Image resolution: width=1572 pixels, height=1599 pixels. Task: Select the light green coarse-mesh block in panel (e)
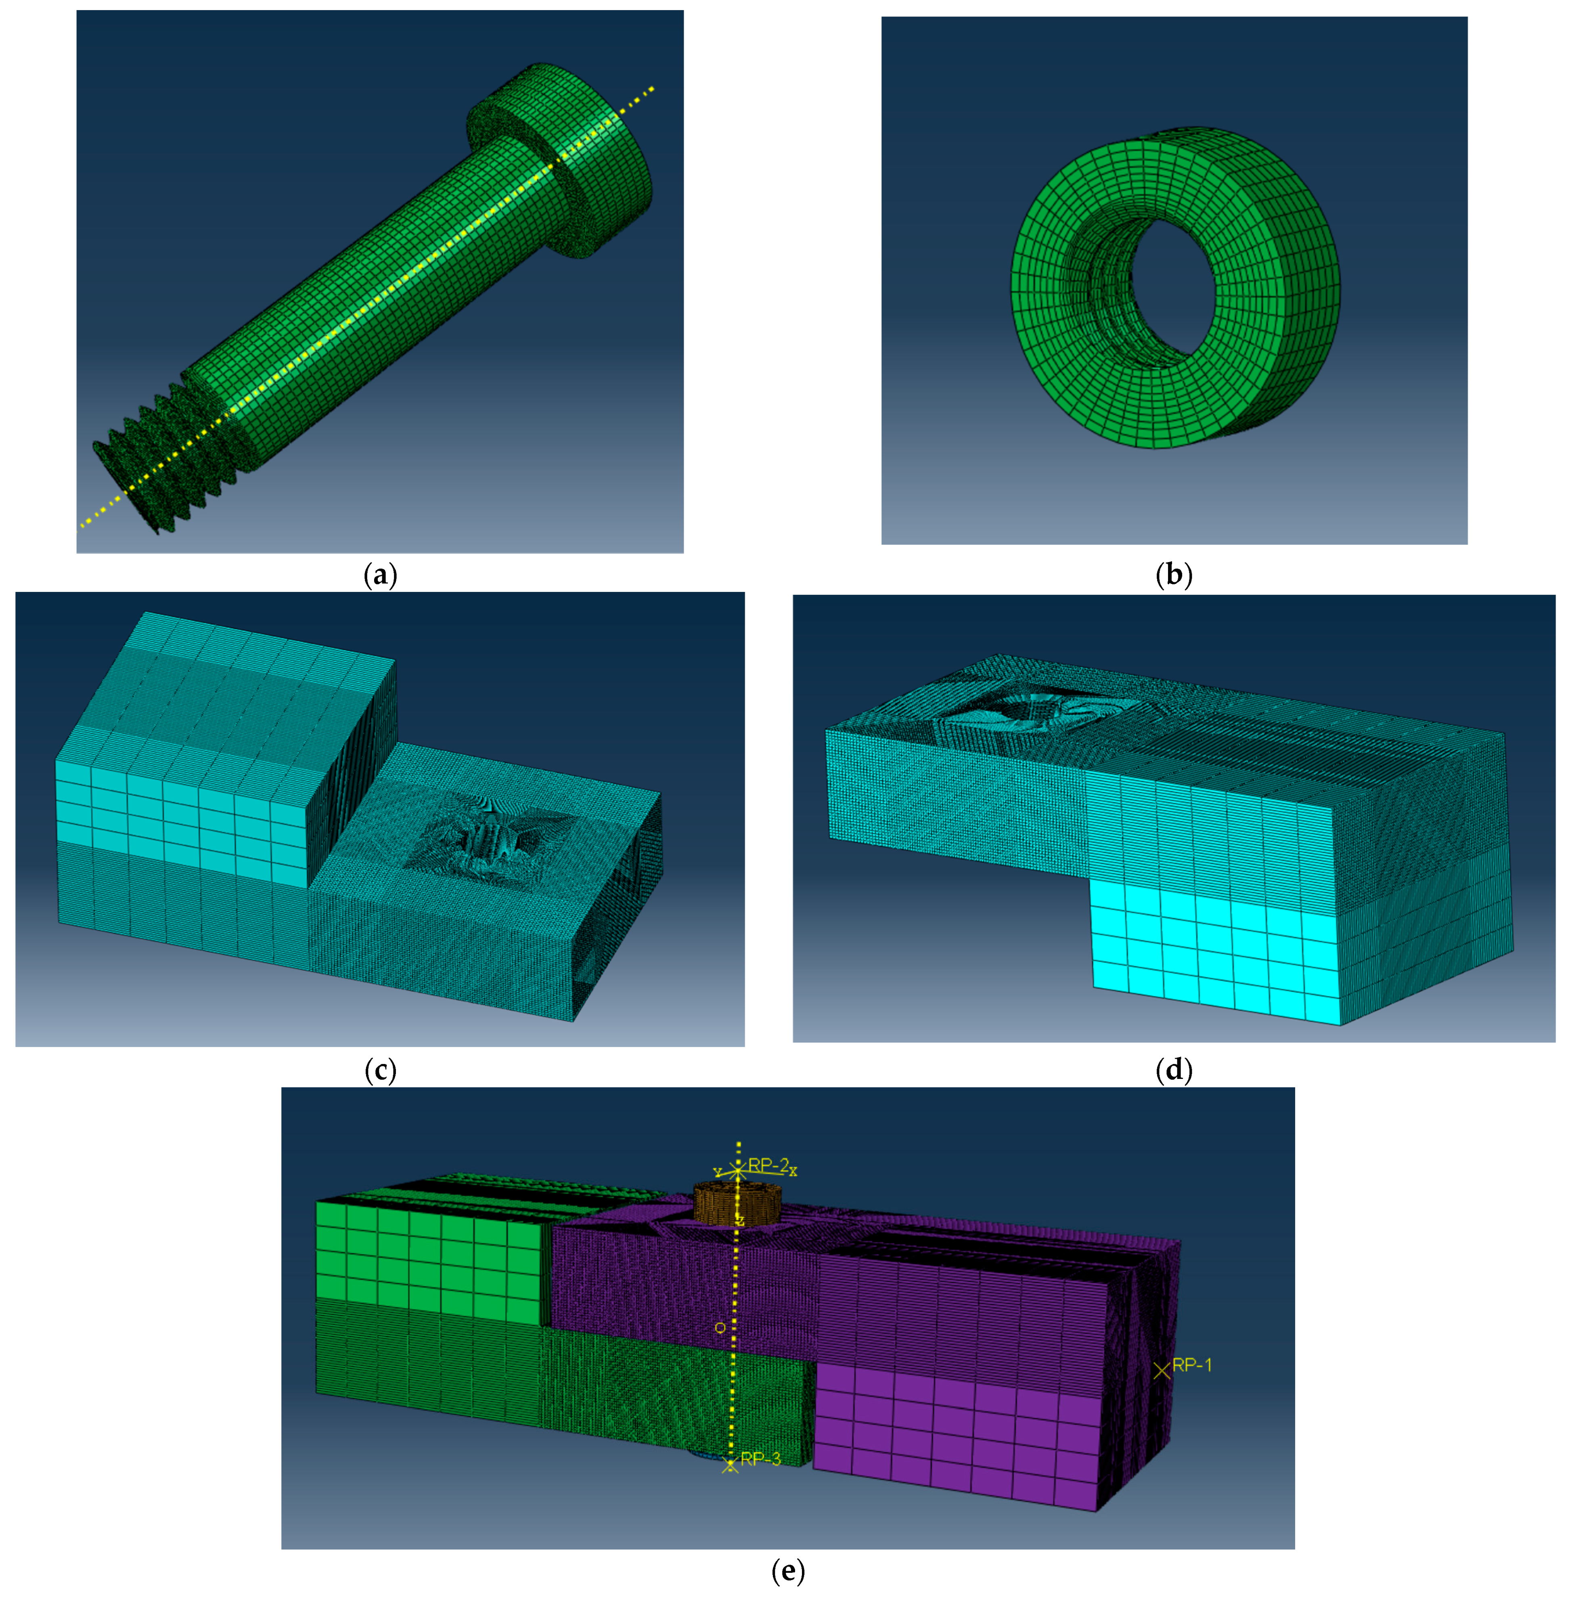pyautogui.click(x=429, y=1259)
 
